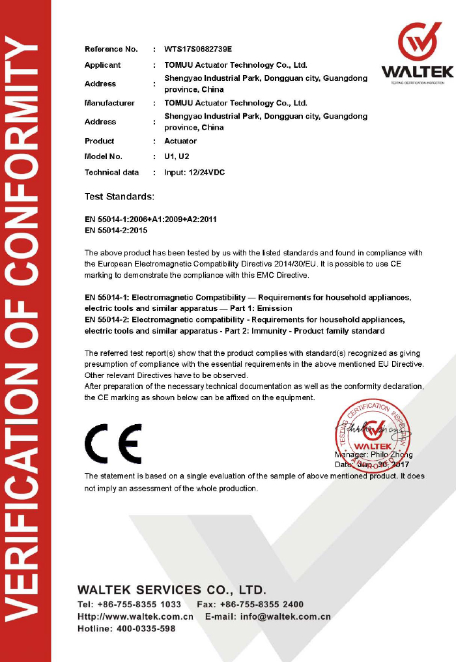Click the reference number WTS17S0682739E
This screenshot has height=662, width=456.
(198, 50)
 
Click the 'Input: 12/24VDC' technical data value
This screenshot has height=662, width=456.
(195, 172)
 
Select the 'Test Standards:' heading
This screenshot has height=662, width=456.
(120, 196)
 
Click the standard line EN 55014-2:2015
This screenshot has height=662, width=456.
(117, 231)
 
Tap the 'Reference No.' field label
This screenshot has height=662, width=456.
(111, 50)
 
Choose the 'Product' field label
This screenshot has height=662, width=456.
(99, 141)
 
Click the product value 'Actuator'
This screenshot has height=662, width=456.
(180, 141)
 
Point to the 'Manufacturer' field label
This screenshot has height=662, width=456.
(109, 103)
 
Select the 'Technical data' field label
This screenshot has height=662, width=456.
(112, 172)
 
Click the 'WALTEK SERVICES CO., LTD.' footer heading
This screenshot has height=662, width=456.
(172, 590)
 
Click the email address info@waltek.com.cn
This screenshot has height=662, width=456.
(285, 616)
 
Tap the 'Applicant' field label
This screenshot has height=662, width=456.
(102, 65)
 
